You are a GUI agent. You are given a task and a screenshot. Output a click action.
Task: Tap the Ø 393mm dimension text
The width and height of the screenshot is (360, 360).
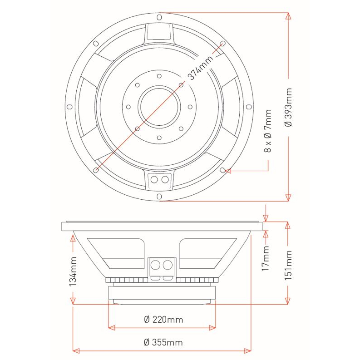tap(288, 107)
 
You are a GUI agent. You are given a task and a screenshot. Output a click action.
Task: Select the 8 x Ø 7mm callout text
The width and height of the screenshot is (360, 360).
tap(268, 131)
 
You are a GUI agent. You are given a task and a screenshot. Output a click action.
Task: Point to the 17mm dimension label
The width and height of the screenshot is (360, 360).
tap(266, 258)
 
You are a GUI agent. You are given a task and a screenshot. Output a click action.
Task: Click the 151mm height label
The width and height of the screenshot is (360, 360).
tap(288, 265)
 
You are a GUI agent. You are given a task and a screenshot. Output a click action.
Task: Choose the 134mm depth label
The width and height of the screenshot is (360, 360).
tap(73, 271)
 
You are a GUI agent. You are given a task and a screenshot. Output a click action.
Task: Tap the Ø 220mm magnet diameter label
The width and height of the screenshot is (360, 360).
tap(163, 319)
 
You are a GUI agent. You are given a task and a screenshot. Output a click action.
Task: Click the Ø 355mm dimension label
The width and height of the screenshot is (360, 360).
tap(163, 342)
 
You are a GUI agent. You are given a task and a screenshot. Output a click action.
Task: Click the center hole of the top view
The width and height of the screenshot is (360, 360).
tap(159, 107)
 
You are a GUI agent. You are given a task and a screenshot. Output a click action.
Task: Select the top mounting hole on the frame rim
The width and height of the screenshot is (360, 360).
tap(159, 17)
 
